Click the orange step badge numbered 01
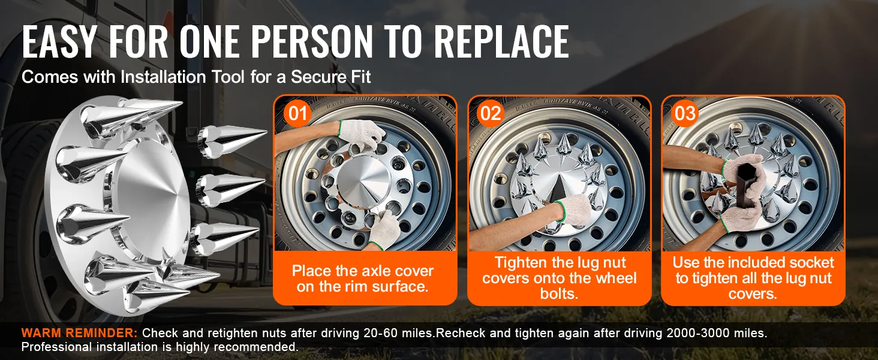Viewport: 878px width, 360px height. click(x=297, y=114)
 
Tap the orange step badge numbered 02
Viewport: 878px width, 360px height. click(x=491, y=114)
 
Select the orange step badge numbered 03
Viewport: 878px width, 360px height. click(x=685, y=114)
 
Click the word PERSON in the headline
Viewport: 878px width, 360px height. click(x=312, y=41)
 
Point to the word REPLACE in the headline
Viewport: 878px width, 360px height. click(x=502, y=41)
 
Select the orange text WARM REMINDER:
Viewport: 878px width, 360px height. click(x=80, y=333)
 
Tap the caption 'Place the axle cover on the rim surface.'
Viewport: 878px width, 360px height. click(x=363, y=278)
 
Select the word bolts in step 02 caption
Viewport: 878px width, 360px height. click(x=560, y=293)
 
